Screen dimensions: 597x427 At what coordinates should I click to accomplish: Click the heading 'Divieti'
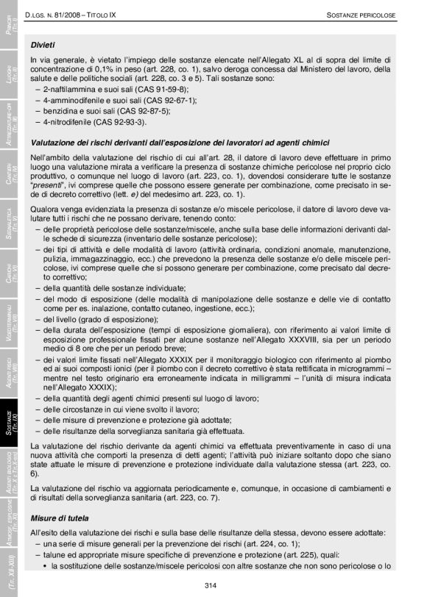click(43, 44)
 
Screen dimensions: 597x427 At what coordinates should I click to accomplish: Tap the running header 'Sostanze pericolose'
click(361, 15)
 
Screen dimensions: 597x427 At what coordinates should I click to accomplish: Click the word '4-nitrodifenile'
click(67, 121)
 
